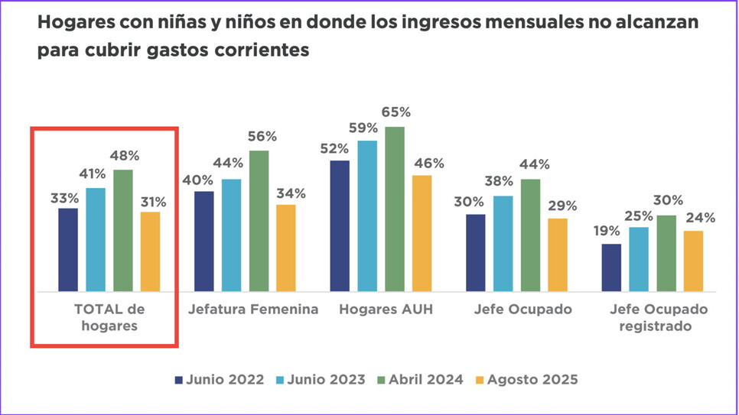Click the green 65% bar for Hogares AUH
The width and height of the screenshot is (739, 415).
tap(395, 209)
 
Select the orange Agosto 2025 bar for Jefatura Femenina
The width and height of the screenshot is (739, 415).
tap(286, 248)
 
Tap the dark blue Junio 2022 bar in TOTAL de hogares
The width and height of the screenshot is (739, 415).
tap(68, 249)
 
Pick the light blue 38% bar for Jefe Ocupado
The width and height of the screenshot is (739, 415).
tap(503, 243)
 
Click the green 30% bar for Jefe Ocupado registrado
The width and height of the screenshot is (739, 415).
tap(666, 253)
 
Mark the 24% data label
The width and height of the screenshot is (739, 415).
tap(699, 218)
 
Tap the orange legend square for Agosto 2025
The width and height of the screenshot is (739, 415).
tap(480, 379)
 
